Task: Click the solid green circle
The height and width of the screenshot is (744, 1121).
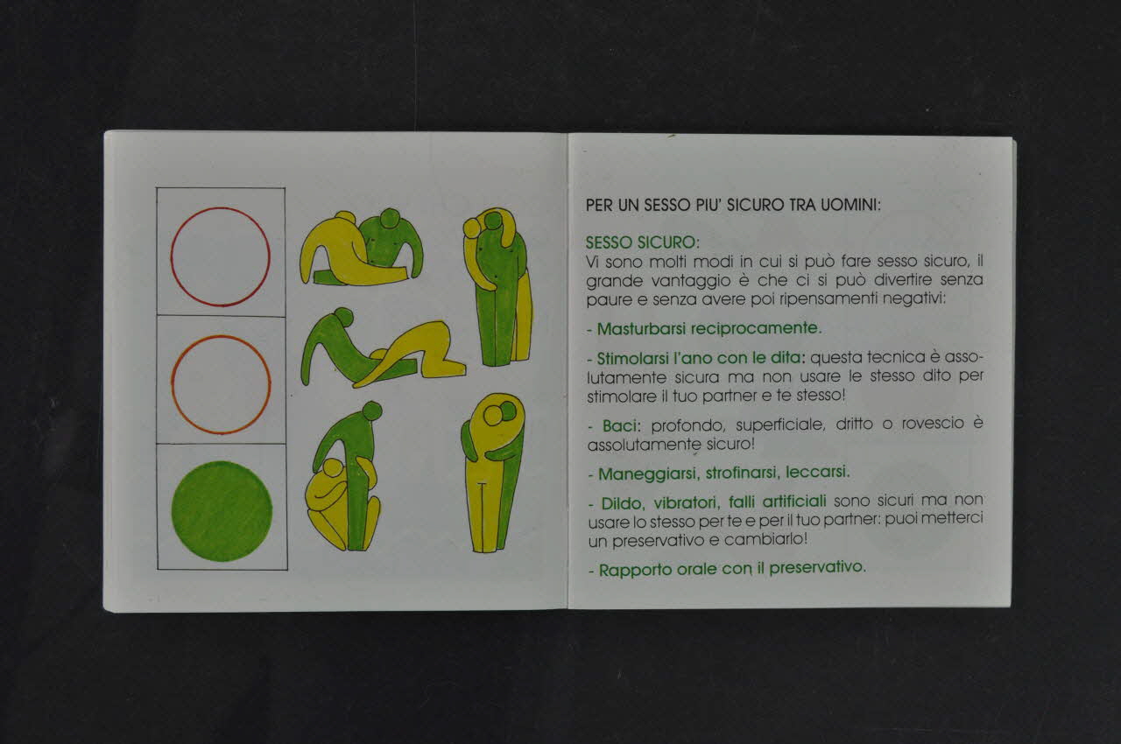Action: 222,511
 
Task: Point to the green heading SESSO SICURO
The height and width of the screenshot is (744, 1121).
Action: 643,242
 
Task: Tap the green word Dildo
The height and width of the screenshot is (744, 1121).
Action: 622,503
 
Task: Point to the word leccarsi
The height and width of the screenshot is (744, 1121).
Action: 818,472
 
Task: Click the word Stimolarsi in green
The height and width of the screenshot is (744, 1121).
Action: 632,359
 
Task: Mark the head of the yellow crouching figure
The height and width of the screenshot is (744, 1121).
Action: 332,468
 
